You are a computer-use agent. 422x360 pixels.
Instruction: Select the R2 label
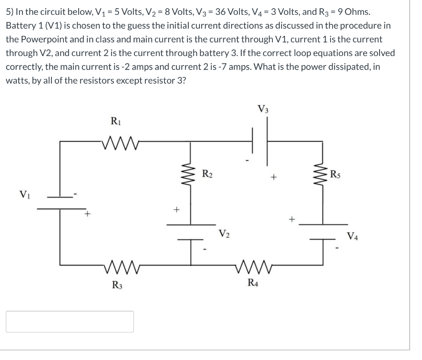pos(207,172)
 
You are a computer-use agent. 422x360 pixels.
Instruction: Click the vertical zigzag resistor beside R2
pos(190,172)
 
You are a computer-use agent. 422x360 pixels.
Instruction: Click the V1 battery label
pos(24,194)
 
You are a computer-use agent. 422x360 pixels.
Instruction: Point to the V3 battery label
pos(263,109)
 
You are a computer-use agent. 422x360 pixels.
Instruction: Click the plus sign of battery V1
pos(87,214)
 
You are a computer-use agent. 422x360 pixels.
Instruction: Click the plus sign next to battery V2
pos(176,209)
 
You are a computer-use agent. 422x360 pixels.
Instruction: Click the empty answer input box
pos(70,321)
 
